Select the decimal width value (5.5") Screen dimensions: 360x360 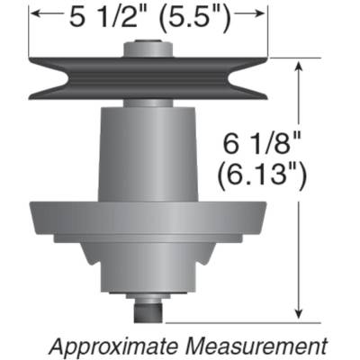203,15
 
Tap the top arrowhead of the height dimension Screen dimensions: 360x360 298,65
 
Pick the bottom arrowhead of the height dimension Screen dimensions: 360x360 298,314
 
